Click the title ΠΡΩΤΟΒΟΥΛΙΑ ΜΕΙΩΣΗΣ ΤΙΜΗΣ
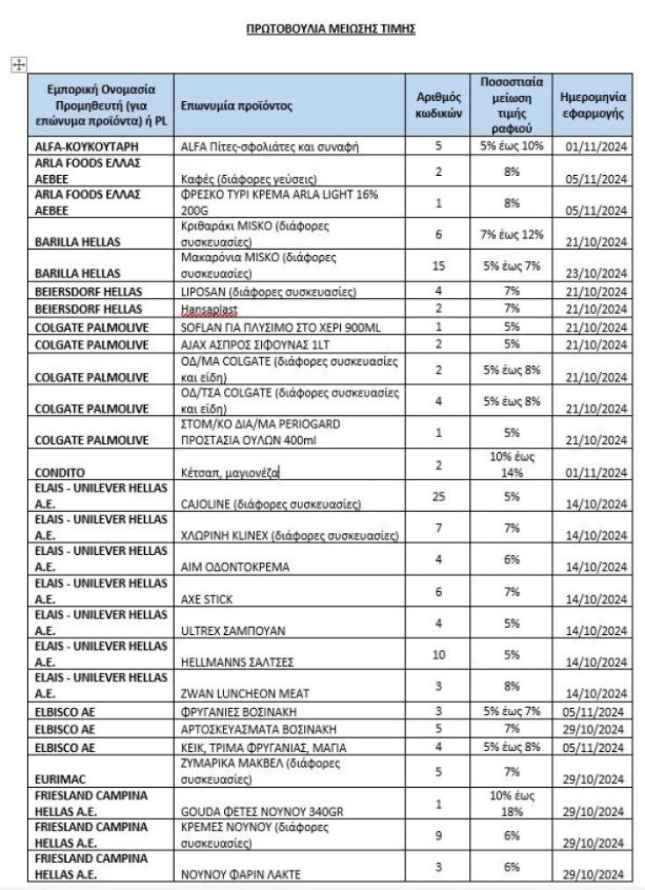330,29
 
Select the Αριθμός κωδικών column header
438,106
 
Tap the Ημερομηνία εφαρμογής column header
593,106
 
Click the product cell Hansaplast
207,310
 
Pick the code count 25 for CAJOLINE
438,498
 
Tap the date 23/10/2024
597,273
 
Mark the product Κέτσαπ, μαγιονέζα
230,472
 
